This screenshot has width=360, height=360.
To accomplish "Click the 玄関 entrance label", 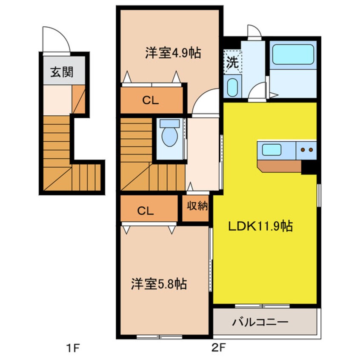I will [x=62, y=72].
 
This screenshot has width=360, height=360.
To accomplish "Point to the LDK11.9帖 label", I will [x=260, y=226].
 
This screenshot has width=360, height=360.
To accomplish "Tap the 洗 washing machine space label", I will [x=232, y=62].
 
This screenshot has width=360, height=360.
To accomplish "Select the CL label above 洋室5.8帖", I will [x=145, y=211].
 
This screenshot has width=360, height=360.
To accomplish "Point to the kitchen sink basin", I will [x=271, y=150].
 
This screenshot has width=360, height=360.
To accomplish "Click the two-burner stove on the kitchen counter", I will [x=307, y=150].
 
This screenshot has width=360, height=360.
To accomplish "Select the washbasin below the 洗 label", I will [x=232, y=88].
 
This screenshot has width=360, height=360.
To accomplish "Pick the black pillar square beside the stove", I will [x=309, y=167].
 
